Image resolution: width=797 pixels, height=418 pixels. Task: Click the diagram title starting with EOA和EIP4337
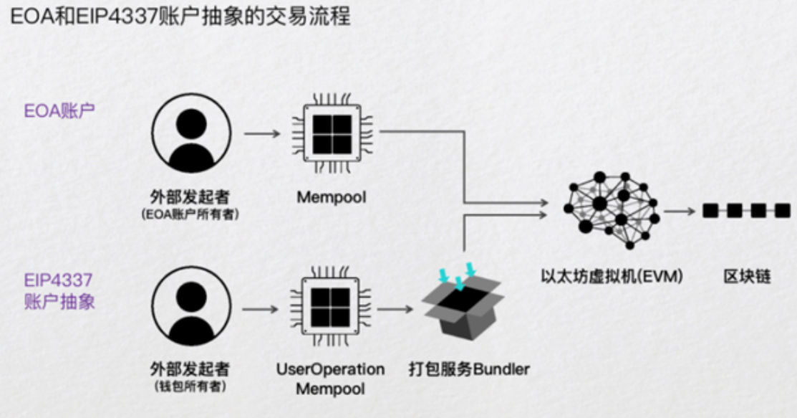(x=180, y=16)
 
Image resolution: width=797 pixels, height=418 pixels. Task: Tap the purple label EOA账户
(x=59, y=111)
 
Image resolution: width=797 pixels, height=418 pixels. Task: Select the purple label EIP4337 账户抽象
(x=59, y=290)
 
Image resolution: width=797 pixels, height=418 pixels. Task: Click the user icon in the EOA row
(x=191, y=133)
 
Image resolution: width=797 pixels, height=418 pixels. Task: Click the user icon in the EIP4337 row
(x=191, y=307)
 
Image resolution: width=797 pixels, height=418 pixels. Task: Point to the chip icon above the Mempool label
(x=332, y=133)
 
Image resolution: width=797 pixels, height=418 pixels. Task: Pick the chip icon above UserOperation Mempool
(x=330, y=307)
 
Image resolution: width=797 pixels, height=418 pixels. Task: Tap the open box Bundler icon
(x=463, y=301)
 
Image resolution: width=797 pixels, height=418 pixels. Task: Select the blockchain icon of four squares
(x=747, y=210)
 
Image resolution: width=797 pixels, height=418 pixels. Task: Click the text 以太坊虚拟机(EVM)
(x=612, y=277)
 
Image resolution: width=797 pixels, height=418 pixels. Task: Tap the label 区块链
(x=747, y=277)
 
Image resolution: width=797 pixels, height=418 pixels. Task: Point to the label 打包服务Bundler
(x=469, y=369)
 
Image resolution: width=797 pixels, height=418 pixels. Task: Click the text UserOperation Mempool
(x=330, y=379)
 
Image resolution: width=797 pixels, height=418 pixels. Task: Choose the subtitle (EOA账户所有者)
(x=190, y=214)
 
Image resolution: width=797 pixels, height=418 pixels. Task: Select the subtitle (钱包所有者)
(x=190, y=387)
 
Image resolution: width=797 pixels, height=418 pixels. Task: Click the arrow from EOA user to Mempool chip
(x=262, y=133)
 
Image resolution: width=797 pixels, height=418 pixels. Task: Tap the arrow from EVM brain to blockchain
(x=679, y=211)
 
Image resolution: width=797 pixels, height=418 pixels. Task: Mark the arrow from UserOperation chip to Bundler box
(x=395, y=309)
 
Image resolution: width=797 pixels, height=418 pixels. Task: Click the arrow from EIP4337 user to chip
(x=260, y=309)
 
